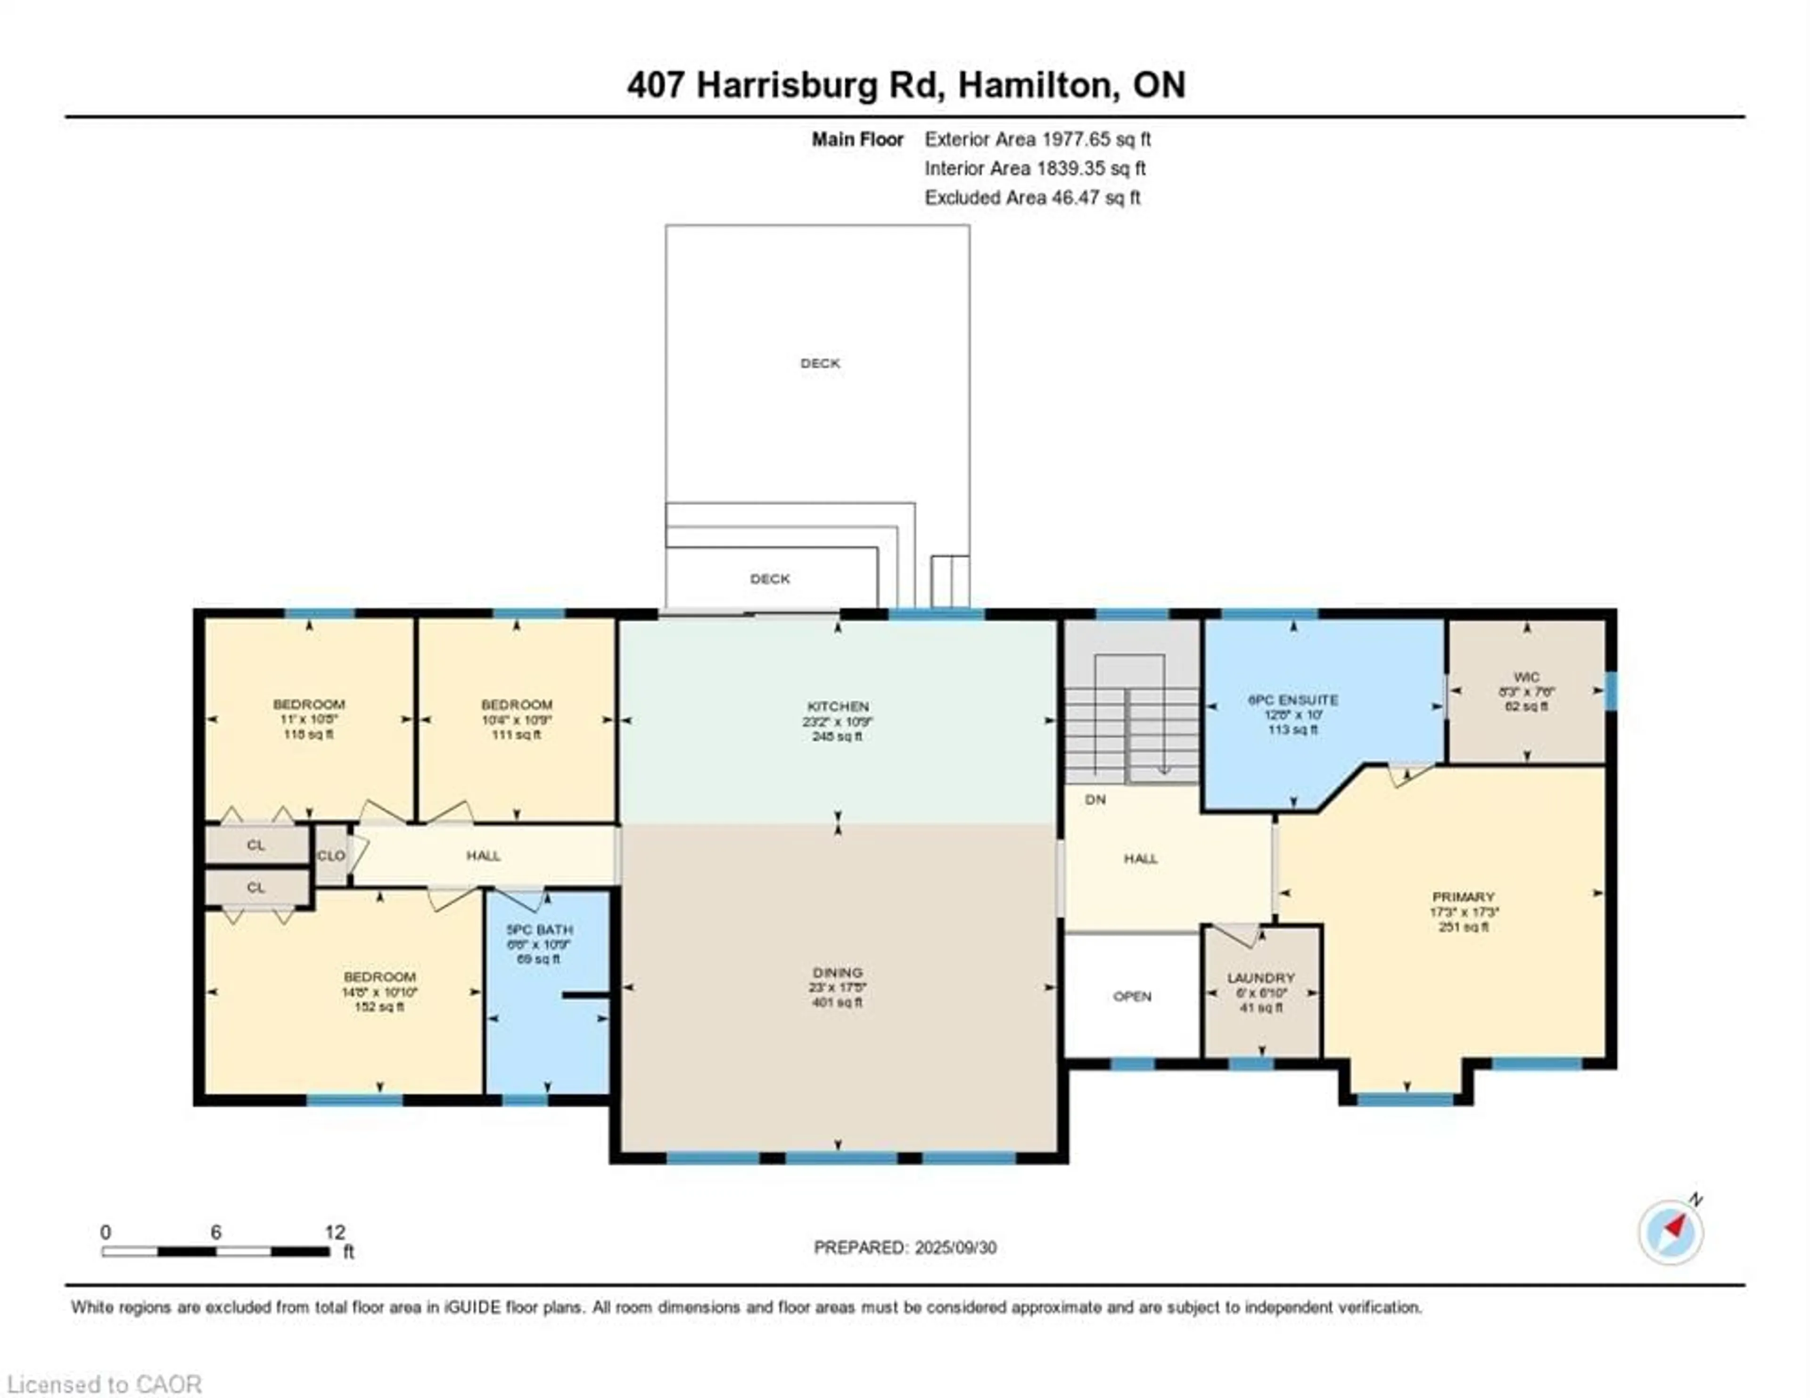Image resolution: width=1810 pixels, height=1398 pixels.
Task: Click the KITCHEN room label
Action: click(x=838, y=706)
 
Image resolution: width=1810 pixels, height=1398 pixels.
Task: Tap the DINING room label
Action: click(x=837, y=972)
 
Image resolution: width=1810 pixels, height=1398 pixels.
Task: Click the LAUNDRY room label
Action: click(x=1260, y=978)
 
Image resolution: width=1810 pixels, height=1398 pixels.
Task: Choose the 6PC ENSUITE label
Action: click(x=1293, y=699)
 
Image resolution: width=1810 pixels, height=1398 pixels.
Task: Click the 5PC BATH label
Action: click(x=540, y=930)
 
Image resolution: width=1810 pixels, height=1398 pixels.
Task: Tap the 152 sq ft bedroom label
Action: click(x=379, y=977)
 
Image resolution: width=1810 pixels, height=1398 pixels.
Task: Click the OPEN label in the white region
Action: click(x=1132, y=996)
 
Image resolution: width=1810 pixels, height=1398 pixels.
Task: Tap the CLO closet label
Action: click(x=331, y=855)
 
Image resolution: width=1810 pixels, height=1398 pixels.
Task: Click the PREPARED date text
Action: click(x=905, y=1247)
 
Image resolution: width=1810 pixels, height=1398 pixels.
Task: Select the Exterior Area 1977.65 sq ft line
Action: click(x=1037, y=139)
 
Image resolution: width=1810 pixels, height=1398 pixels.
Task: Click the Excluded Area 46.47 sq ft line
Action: click(x=1033, y=197)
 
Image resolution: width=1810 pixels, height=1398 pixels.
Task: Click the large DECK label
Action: click(x=820, y=363)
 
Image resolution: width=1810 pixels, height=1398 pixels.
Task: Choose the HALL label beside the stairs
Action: click(x=1140, y=858)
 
